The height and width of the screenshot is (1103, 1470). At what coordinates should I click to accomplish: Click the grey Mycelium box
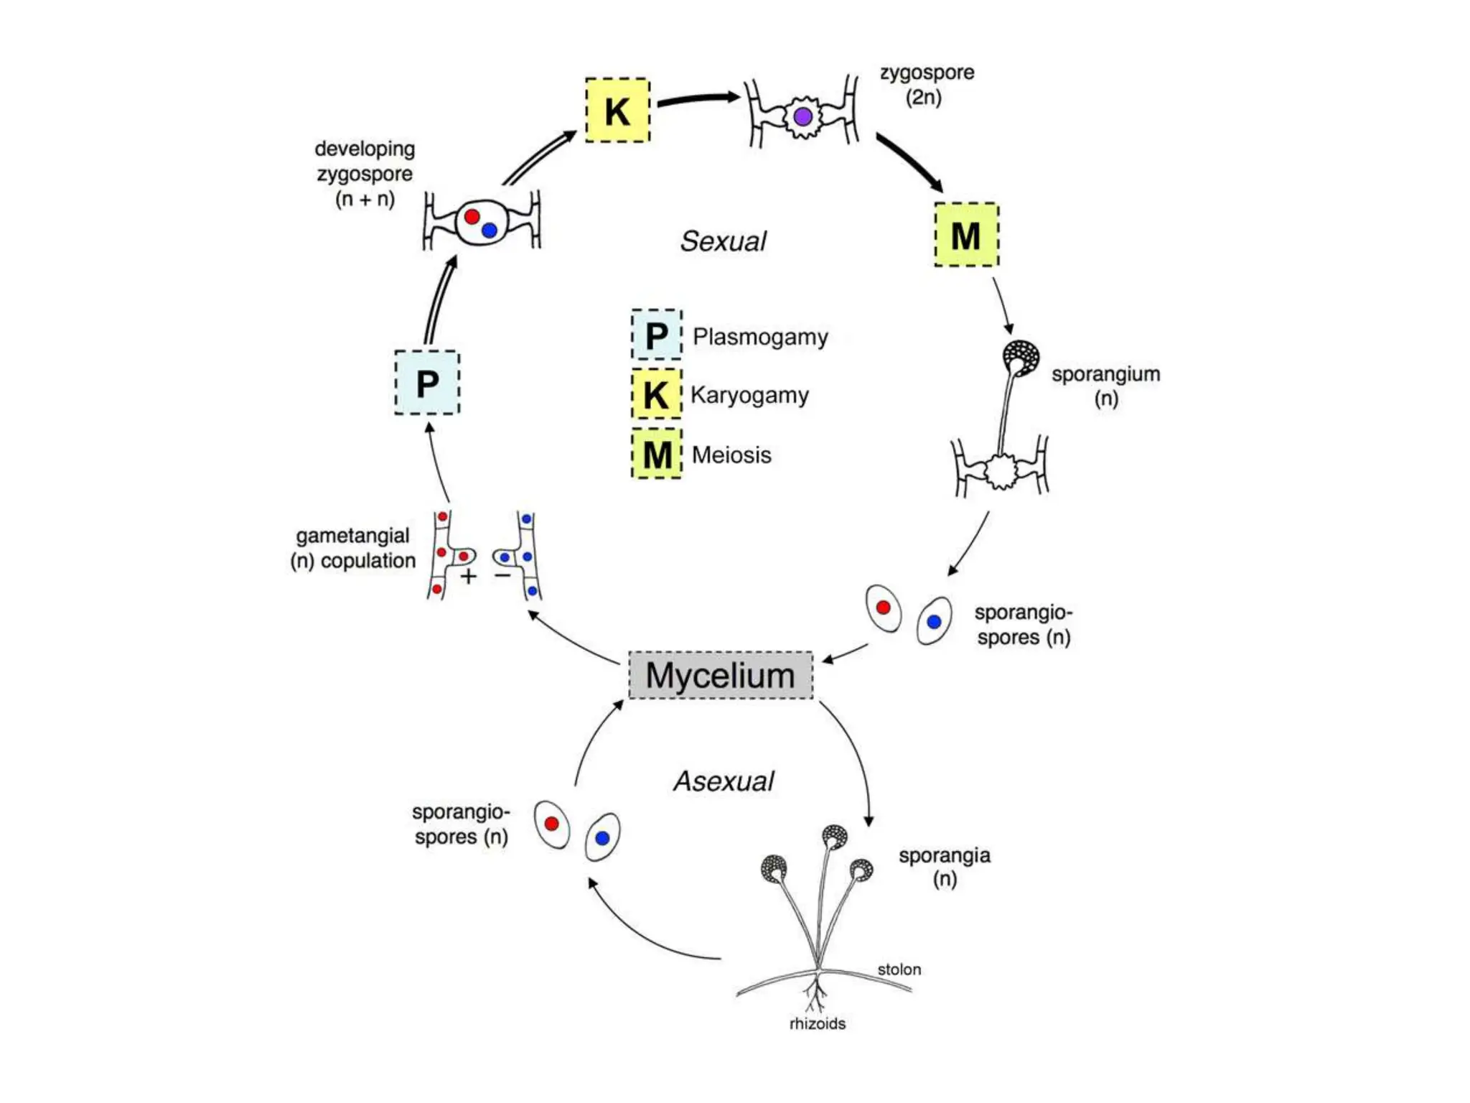point(721,675)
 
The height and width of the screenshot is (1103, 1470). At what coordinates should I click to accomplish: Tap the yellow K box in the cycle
point(617,110)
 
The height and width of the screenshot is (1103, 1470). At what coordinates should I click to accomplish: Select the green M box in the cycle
point(966,235)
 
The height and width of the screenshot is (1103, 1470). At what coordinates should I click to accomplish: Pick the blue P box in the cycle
point(427,382)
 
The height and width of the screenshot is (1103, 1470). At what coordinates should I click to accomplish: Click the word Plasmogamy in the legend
point(760,337)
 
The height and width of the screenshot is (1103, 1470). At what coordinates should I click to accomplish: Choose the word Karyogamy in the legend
point(749,395)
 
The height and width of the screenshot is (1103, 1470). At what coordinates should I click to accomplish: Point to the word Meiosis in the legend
point(731,455)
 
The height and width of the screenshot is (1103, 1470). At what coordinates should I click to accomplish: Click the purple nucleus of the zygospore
point(803,116)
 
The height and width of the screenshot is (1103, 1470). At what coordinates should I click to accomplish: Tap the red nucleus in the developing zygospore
point(472,216)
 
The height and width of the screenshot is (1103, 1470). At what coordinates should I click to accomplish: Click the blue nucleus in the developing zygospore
point(490,231)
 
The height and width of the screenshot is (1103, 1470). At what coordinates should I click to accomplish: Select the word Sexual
point(724,241)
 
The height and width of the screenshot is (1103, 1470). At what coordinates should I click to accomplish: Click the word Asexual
point(724,781)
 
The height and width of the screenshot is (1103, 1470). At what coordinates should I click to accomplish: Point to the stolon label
point(899,969)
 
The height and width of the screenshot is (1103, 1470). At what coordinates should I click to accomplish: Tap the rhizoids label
point(818,1023)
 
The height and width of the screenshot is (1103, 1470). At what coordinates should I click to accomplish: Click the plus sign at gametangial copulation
point(469,576)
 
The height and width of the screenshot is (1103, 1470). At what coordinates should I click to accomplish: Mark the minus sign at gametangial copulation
point(502,574)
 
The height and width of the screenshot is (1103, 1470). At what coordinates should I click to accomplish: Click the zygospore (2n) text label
point(927,85)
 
